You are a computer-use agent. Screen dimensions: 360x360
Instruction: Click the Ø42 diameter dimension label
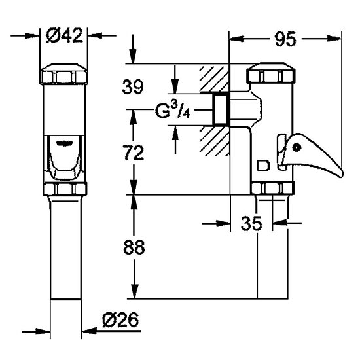click(64, 35)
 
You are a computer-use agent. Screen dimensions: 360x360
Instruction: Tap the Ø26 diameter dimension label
click(121, 319)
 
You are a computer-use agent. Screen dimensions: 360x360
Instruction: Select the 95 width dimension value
click(285, 39)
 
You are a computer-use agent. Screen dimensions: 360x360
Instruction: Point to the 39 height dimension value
click(133, 86)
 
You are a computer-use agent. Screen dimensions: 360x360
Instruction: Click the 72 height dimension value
click(134, 153)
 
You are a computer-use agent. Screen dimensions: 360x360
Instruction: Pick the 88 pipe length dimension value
click(134, 247)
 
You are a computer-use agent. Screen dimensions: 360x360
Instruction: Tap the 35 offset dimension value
click(251, 223)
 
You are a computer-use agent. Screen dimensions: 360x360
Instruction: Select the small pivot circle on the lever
click(297, 147)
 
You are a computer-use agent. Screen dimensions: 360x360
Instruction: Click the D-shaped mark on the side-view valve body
click(263, 166)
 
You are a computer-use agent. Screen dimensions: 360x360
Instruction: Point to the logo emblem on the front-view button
click(65, 143)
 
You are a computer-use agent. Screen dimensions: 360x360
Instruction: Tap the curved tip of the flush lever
click(340, 173)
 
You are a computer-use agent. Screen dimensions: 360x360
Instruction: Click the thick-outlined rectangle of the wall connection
click(221, 110)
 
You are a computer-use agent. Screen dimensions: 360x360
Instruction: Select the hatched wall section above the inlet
click(214, 79)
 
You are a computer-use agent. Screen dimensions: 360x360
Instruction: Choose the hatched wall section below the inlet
click(215, 140)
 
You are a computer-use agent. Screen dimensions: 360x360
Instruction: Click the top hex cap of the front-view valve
click(64, 74)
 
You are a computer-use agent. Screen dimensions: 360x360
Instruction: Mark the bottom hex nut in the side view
click(273, 188)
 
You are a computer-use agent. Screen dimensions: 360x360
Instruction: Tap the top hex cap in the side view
click(271, 73)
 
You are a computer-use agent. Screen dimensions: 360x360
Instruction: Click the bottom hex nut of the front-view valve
click(65, 189)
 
